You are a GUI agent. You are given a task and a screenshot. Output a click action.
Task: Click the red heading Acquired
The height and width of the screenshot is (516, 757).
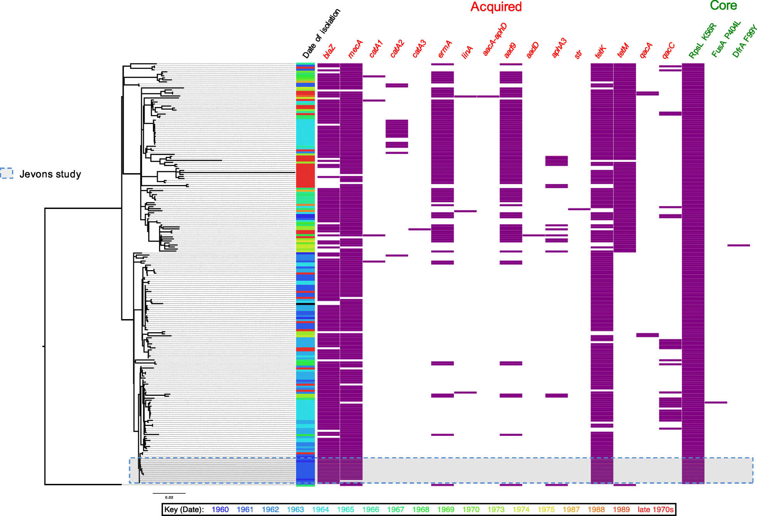(496, 7)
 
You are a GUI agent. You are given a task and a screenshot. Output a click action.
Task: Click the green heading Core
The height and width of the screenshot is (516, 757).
(723, 6)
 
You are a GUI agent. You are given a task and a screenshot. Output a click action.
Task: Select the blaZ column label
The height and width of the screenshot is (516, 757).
(329, 51)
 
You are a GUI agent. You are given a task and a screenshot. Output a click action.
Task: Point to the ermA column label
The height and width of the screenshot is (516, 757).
(445, 49)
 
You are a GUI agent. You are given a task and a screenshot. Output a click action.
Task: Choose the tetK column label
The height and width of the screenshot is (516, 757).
(601, 51)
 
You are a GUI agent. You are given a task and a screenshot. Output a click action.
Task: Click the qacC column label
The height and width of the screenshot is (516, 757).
(668, 51)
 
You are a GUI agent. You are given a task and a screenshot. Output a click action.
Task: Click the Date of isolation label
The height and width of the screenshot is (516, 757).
(321, 33)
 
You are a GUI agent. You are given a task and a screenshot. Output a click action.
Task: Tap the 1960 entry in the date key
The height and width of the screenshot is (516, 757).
(220, 509)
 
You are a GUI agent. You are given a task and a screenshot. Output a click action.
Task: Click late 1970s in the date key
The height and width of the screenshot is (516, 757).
(655, 509)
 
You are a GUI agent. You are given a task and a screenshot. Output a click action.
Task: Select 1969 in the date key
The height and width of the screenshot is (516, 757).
(446, 509)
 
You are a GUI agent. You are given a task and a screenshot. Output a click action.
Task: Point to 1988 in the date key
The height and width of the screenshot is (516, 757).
(596, 509)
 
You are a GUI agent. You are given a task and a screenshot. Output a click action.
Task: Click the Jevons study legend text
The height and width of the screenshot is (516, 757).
(50, 174)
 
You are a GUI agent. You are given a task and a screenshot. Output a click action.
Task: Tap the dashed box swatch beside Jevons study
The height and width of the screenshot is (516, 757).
(7, 173)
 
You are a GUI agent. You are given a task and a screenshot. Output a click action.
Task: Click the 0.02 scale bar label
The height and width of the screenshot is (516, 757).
(169, 497)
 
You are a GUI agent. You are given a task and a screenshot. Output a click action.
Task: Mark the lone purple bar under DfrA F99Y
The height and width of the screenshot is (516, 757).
(738, 245)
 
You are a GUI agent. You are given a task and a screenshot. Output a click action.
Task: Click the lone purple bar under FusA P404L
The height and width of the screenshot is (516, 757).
(716, 402)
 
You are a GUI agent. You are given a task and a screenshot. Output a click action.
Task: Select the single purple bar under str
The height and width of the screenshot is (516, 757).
(579, 209)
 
